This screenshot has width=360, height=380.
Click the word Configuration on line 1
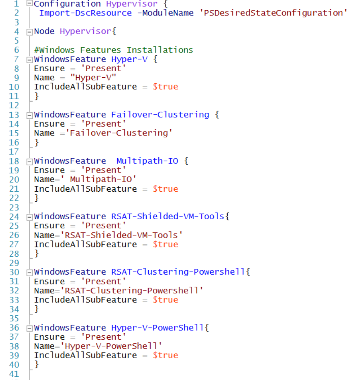pyautogui.click(x=67, y=4)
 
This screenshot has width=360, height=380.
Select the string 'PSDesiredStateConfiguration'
pyautogui.click(x=273, y=13)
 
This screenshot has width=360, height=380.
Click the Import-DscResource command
pyautogui.click(x=86, y=13)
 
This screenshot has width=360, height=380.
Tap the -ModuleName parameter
pyautogui.click(x=165, y=13)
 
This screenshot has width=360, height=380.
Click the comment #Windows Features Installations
pyautogui.click(x=114, y=50)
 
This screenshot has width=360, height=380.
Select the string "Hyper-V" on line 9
pyautogui.click(x=93, y=78)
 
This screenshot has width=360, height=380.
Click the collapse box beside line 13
pyautogui.click(x=29, y=115)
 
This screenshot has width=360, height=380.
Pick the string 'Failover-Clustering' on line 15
pyautogui.click(x=119, y=133)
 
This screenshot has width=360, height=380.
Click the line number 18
pyautogui.click(x=14, y=161)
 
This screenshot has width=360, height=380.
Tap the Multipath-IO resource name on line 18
pyautogui.click(x=147, y=161)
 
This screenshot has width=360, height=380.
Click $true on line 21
pyautogui.click(x=165, y=189)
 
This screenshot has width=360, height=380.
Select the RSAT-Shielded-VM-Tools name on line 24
pyautogui.click(x=168, y=216)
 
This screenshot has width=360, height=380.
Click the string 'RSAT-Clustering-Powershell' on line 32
pyautogui.click(x=132, y=290)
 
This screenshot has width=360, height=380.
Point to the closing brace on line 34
pyautogui.click(x=36, y=309)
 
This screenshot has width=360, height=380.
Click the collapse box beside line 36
pyautogui.click(x=29, y=328)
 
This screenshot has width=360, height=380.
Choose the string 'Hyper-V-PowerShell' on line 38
pyautogui.click(x=111, y=346)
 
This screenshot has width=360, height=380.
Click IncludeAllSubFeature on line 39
pyautogui.click(x=86, y=355)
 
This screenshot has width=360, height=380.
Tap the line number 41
pyautogui.click(x=14, y=374)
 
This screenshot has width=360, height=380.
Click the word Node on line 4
pyautogui.click(x=44, y=31)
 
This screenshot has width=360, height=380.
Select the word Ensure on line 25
pyautogui.click(x=49, y=226)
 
